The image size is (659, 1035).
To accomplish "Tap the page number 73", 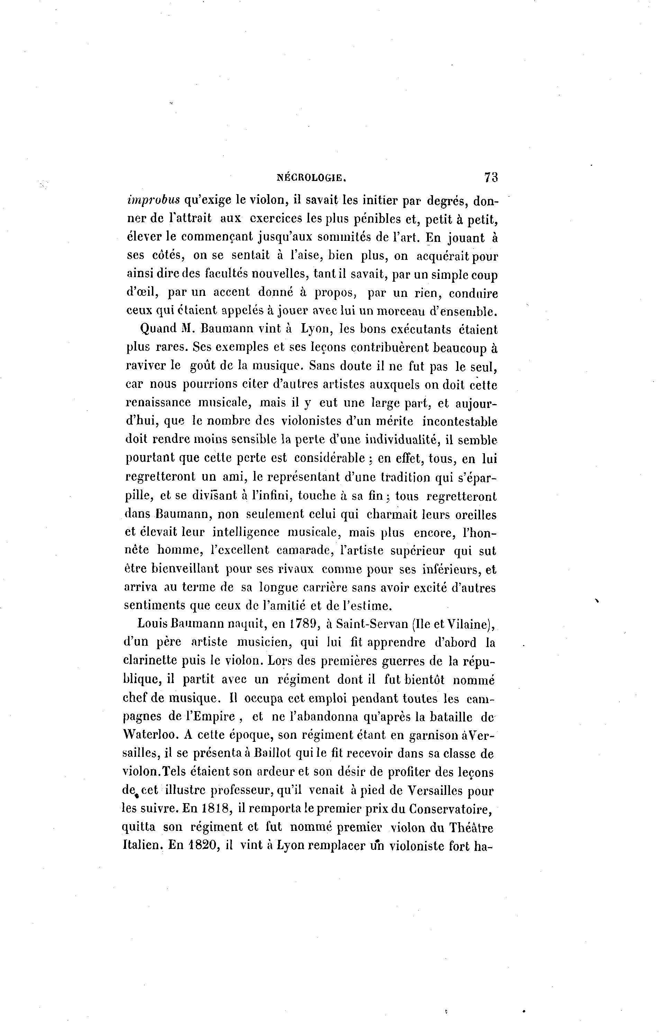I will pos(491,177).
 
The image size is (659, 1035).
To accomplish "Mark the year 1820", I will pos(204,845).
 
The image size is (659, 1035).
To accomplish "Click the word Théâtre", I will pos(471,827).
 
